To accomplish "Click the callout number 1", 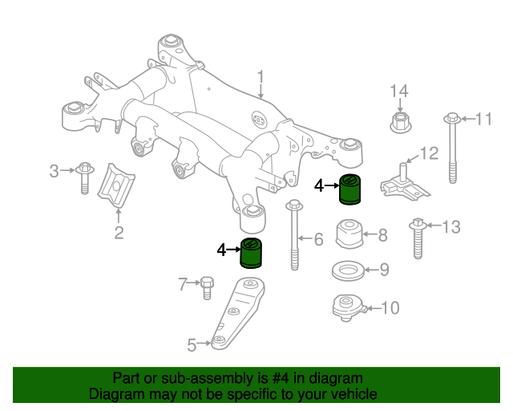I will (x=261, y=77).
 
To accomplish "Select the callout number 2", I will (x=119, y=234).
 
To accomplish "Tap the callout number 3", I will (x=55, y=170).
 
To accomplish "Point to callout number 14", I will (x=399, y=90).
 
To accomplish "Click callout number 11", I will (x=483, y=120).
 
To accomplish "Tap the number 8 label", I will (x=382, y=235).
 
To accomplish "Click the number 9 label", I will (x=384, y=270).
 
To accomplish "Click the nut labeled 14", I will (x=399, y=122).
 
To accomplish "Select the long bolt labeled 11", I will (x=451, y=153).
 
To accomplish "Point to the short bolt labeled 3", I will (x=83, y=177).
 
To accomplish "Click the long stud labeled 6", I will (x=294, y=237).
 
